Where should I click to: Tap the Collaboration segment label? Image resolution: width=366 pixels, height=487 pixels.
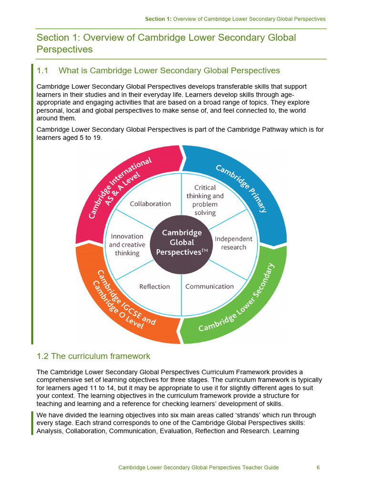point(151,204)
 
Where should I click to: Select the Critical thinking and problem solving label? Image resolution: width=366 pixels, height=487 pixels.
point(205,200)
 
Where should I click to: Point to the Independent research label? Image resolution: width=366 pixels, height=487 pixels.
point(234,243)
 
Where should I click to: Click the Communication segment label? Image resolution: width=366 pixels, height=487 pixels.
point(209,286)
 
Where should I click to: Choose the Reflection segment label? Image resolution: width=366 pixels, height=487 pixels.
point(154,286)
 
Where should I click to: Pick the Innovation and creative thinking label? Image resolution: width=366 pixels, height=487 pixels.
point(127,244)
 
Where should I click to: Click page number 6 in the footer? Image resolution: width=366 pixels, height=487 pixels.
point(318,468)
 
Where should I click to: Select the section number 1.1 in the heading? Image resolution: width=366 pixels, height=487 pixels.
point(43,71)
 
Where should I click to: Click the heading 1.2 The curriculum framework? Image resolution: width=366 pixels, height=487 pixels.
point(93,356)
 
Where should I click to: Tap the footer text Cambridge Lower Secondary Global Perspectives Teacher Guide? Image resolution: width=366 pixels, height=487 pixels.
point(198,468)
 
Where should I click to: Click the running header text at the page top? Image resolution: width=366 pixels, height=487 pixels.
point(235,19)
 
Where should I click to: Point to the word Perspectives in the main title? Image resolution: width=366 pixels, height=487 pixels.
point(65,49)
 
